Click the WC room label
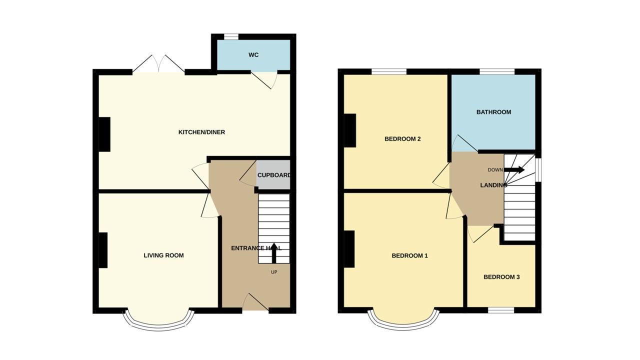tap(253, 54)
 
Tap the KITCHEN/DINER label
tap(201, 132)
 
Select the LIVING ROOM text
tap(163, 255)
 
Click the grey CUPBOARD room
tap(273, 175)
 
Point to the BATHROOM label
tap(493, 112)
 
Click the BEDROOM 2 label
tap(402, 139)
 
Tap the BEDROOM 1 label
tap(409, 256)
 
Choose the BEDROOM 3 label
tap(501, 277)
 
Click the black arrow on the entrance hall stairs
tap(274, 254)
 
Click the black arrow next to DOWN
tap(514, 170)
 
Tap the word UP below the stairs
tap(274, 272)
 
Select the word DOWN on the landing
tap(495, 170)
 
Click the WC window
tap(230, 36)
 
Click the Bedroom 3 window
tap(501, 310)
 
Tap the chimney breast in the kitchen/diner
tap(104, 134)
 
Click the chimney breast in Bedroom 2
tap(349, 130)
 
